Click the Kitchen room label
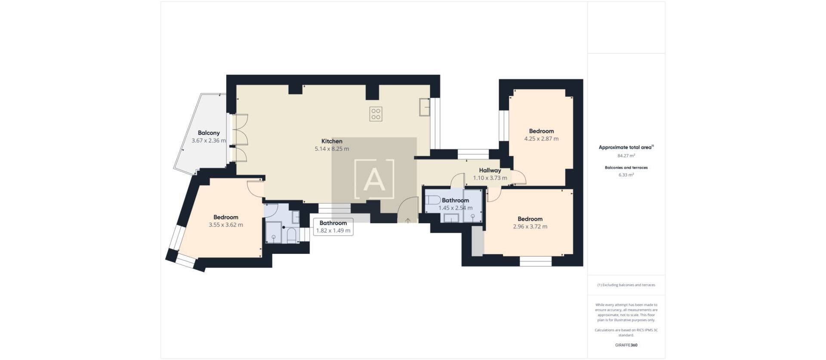[x=332, y=141]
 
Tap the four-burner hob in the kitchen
[x=376, y=114]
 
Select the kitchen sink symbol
[x=425, y=107]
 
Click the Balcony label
[x=209, y=133]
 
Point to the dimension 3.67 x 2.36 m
[x=209, y=141]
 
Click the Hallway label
[x=490, y=170]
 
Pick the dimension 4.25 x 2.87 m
[x=541, y=139]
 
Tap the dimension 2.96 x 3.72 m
[x=530, y=227]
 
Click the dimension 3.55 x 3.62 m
[x=225, y=225]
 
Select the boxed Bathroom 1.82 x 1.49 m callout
[x=333, y=227]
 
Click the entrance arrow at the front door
[x=408, y=221]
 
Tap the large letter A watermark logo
[x=374, y=179]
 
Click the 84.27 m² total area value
[x=626, y=156]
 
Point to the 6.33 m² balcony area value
[x=626, y=175]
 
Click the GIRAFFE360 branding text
[x=626, y=345]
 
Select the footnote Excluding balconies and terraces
[x=626, y=285]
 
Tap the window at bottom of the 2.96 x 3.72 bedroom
[x=535, y=261]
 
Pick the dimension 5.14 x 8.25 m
[x=332, y=149]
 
